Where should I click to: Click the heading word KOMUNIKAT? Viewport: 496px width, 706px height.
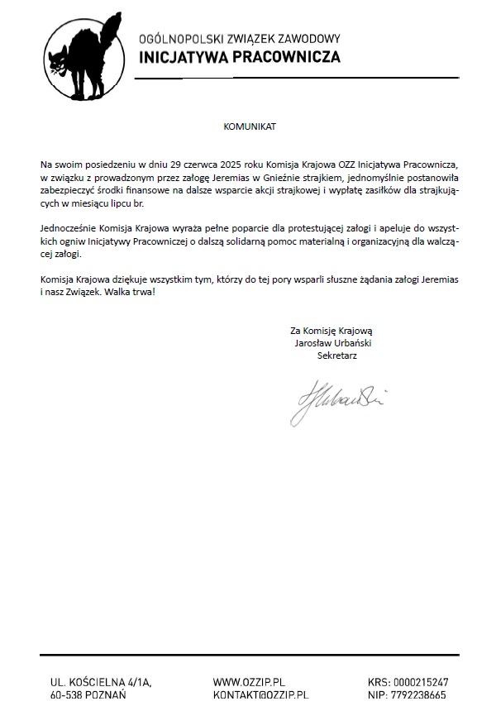248,127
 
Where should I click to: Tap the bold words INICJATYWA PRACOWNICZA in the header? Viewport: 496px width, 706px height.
239,58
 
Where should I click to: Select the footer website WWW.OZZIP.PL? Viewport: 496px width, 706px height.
249,682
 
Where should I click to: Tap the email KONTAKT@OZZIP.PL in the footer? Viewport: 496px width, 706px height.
261,696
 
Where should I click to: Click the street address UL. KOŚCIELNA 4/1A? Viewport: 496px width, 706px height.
101,682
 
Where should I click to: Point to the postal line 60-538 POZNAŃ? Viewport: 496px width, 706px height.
88,696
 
